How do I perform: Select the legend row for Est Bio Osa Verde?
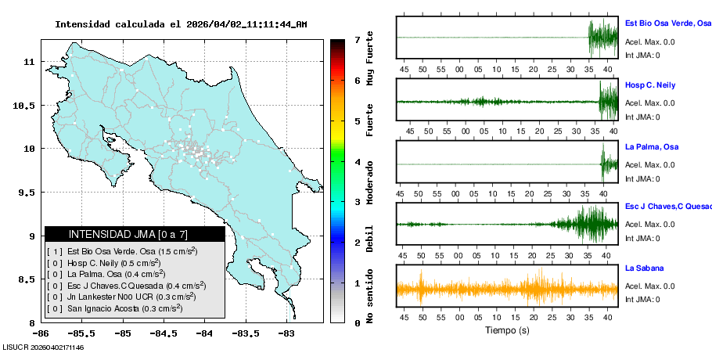click(x=121, y=251)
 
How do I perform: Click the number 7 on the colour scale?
click(x=356, y=39)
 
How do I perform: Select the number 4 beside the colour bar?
click(x=356, y=162)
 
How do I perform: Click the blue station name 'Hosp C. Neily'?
click(x=649, y=85)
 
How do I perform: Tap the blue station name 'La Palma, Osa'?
click(x=651, y=147)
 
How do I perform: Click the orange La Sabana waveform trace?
click(x=507, y=289)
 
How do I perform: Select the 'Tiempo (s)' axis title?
click(x=507, y=330)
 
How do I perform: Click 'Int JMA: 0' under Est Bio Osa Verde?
click(x=642, y=55)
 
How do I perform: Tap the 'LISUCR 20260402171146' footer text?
click(x=44, y=347)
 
